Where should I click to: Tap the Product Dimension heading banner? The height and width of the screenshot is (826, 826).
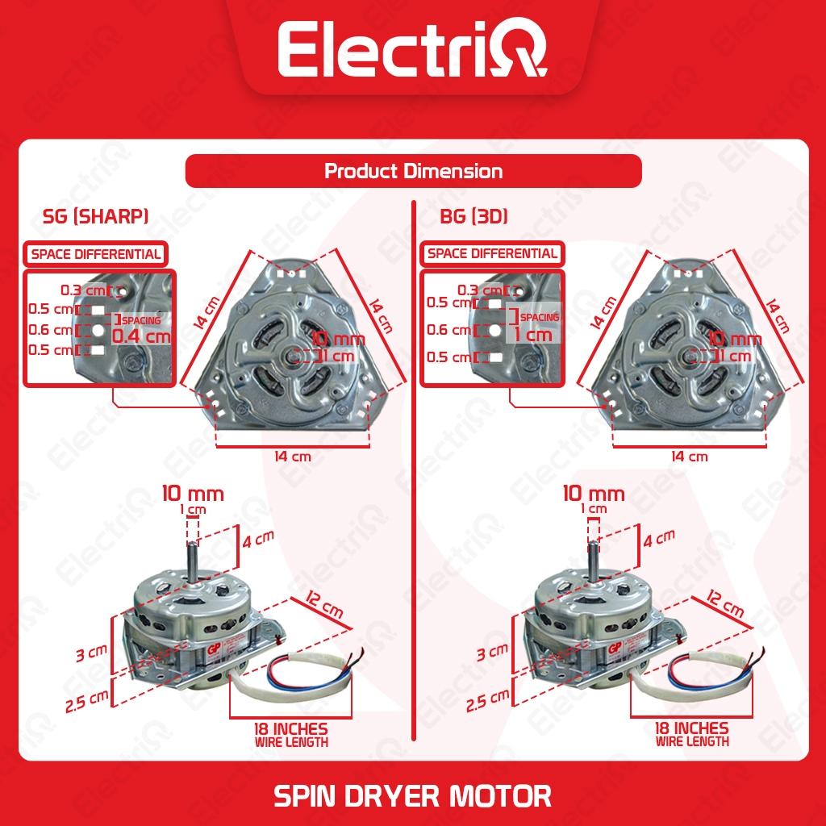tap(413, 171)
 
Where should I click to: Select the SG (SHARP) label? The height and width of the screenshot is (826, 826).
tap(95, 217)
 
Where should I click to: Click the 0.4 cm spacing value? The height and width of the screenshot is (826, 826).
tap(141, 336)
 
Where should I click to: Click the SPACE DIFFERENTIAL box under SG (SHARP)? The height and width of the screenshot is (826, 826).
tap(96, 254)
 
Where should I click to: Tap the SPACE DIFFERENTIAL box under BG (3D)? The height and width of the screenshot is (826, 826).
tap(492, 254)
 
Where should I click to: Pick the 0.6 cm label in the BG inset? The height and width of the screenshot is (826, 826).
tap(448, 330)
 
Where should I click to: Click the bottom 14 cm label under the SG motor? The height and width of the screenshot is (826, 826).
tap(292, 457)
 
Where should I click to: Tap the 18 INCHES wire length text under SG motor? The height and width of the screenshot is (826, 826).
tap(290, 729)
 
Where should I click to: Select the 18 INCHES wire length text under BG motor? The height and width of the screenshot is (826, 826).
tap(691, 729)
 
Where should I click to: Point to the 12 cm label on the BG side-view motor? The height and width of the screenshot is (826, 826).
tap(724, 603)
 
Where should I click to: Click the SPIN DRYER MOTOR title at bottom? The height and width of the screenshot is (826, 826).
tap(412, 795)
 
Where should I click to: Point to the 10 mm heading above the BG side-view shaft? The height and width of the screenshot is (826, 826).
tap(594, 493)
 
